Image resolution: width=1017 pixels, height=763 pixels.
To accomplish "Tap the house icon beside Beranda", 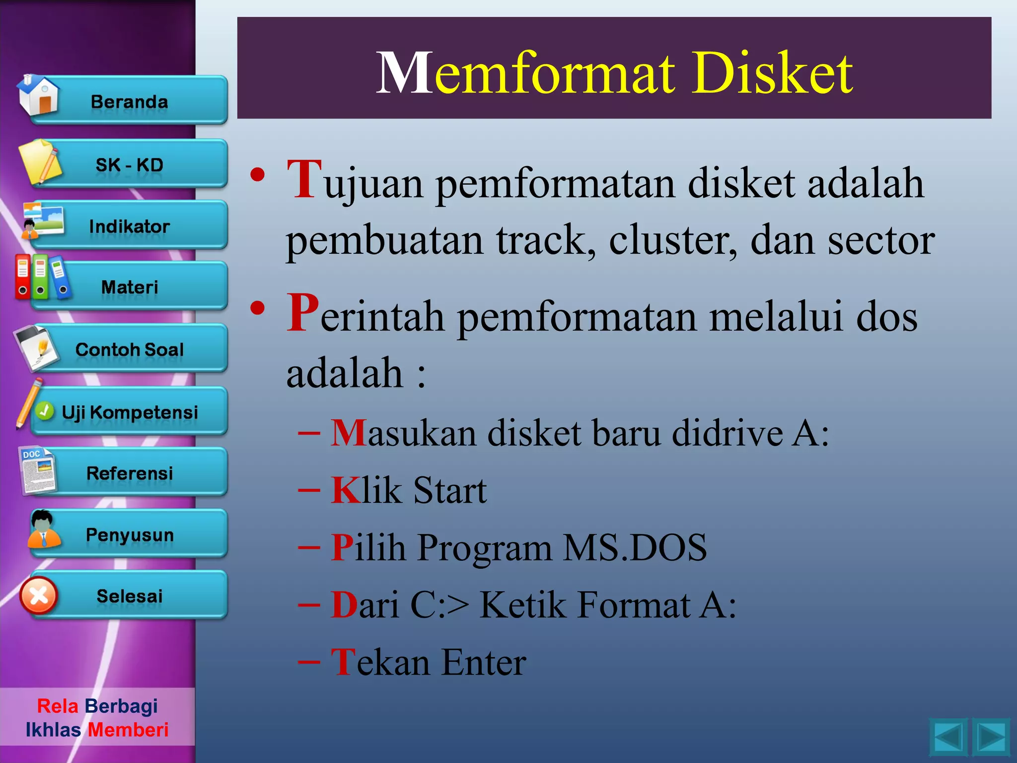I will point(38,95).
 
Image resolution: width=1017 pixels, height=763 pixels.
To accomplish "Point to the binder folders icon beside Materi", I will point(42,277).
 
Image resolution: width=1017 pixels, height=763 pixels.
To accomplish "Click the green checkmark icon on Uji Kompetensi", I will point(45,411).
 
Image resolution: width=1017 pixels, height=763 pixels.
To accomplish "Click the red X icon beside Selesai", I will point(39,596).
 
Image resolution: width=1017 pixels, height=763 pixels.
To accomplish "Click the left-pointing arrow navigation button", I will point(948,737).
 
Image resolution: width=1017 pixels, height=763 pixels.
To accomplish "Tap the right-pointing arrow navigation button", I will point(991,737).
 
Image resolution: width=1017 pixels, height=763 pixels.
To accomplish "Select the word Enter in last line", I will point(484,662).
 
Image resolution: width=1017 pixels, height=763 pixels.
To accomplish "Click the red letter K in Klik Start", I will point(346,490).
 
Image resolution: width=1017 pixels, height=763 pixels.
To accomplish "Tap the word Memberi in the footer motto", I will point(128,730).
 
